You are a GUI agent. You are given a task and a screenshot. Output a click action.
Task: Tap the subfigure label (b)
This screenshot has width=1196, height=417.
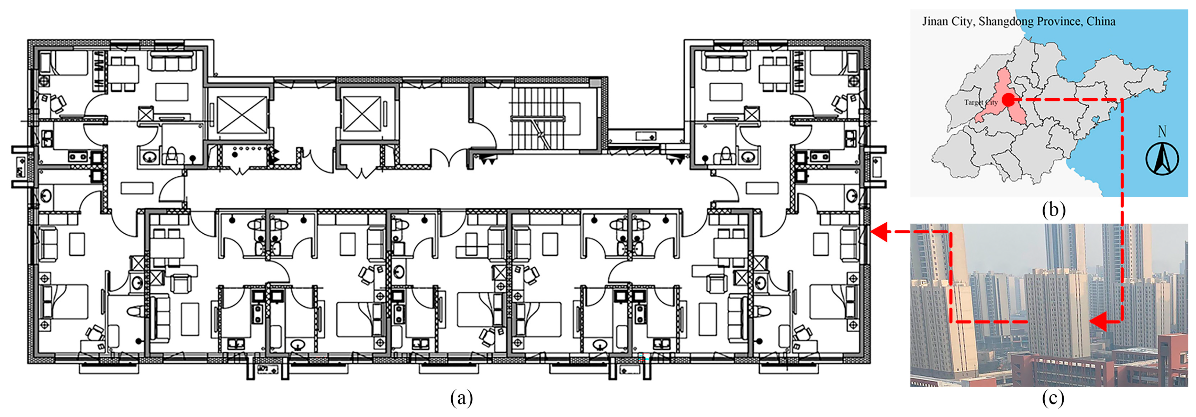(x=1053, y=210)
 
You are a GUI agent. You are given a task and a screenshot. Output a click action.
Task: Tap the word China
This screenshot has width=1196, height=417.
(x=1101, y=22)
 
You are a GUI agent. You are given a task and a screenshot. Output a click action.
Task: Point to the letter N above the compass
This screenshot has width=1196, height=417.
(x=1162, y=131)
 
